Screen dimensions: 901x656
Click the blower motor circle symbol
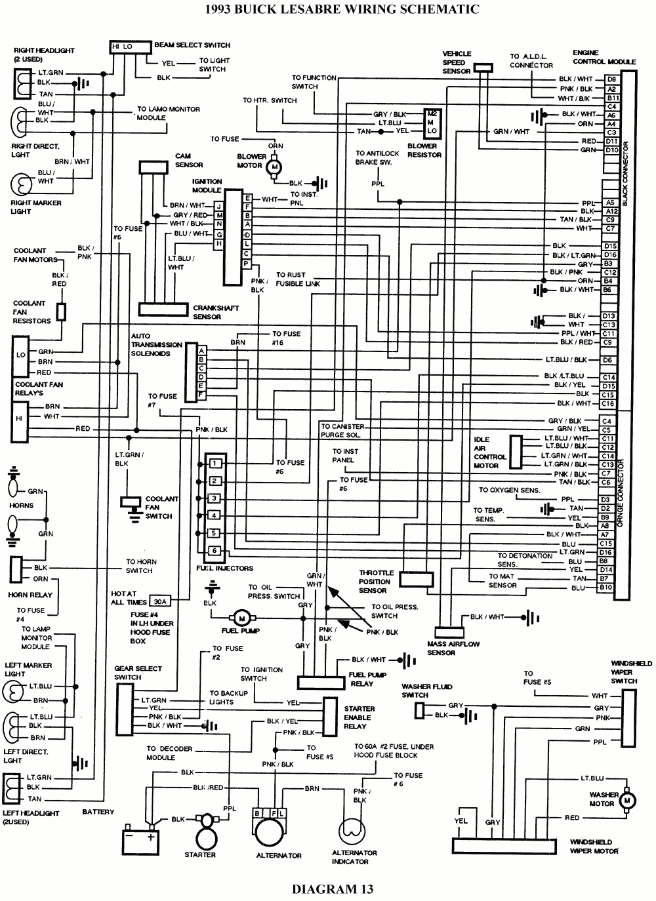[x=275, y=167]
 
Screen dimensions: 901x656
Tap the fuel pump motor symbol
[x=240, y=618]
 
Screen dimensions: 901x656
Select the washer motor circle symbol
[x=628, y=799]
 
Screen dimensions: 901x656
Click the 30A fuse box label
[x=159, y=601]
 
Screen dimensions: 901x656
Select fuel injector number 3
[x=214, y=498]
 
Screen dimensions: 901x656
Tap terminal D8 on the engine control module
[x=611, y=79]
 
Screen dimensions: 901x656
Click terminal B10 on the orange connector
[x=605, y=588]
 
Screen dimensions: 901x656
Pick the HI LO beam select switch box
[x=122, y=47]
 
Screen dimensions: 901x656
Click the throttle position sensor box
[x=417, y=579]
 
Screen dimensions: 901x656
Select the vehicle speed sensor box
[x=483, y=67]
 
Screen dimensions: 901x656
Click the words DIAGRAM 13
[x=332, y=889]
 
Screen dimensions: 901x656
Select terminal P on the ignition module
[x=246, y=263]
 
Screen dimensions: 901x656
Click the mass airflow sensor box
[x=445, y=631]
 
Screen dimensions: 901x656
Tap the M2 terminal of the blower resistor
[x=430, y=113]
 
